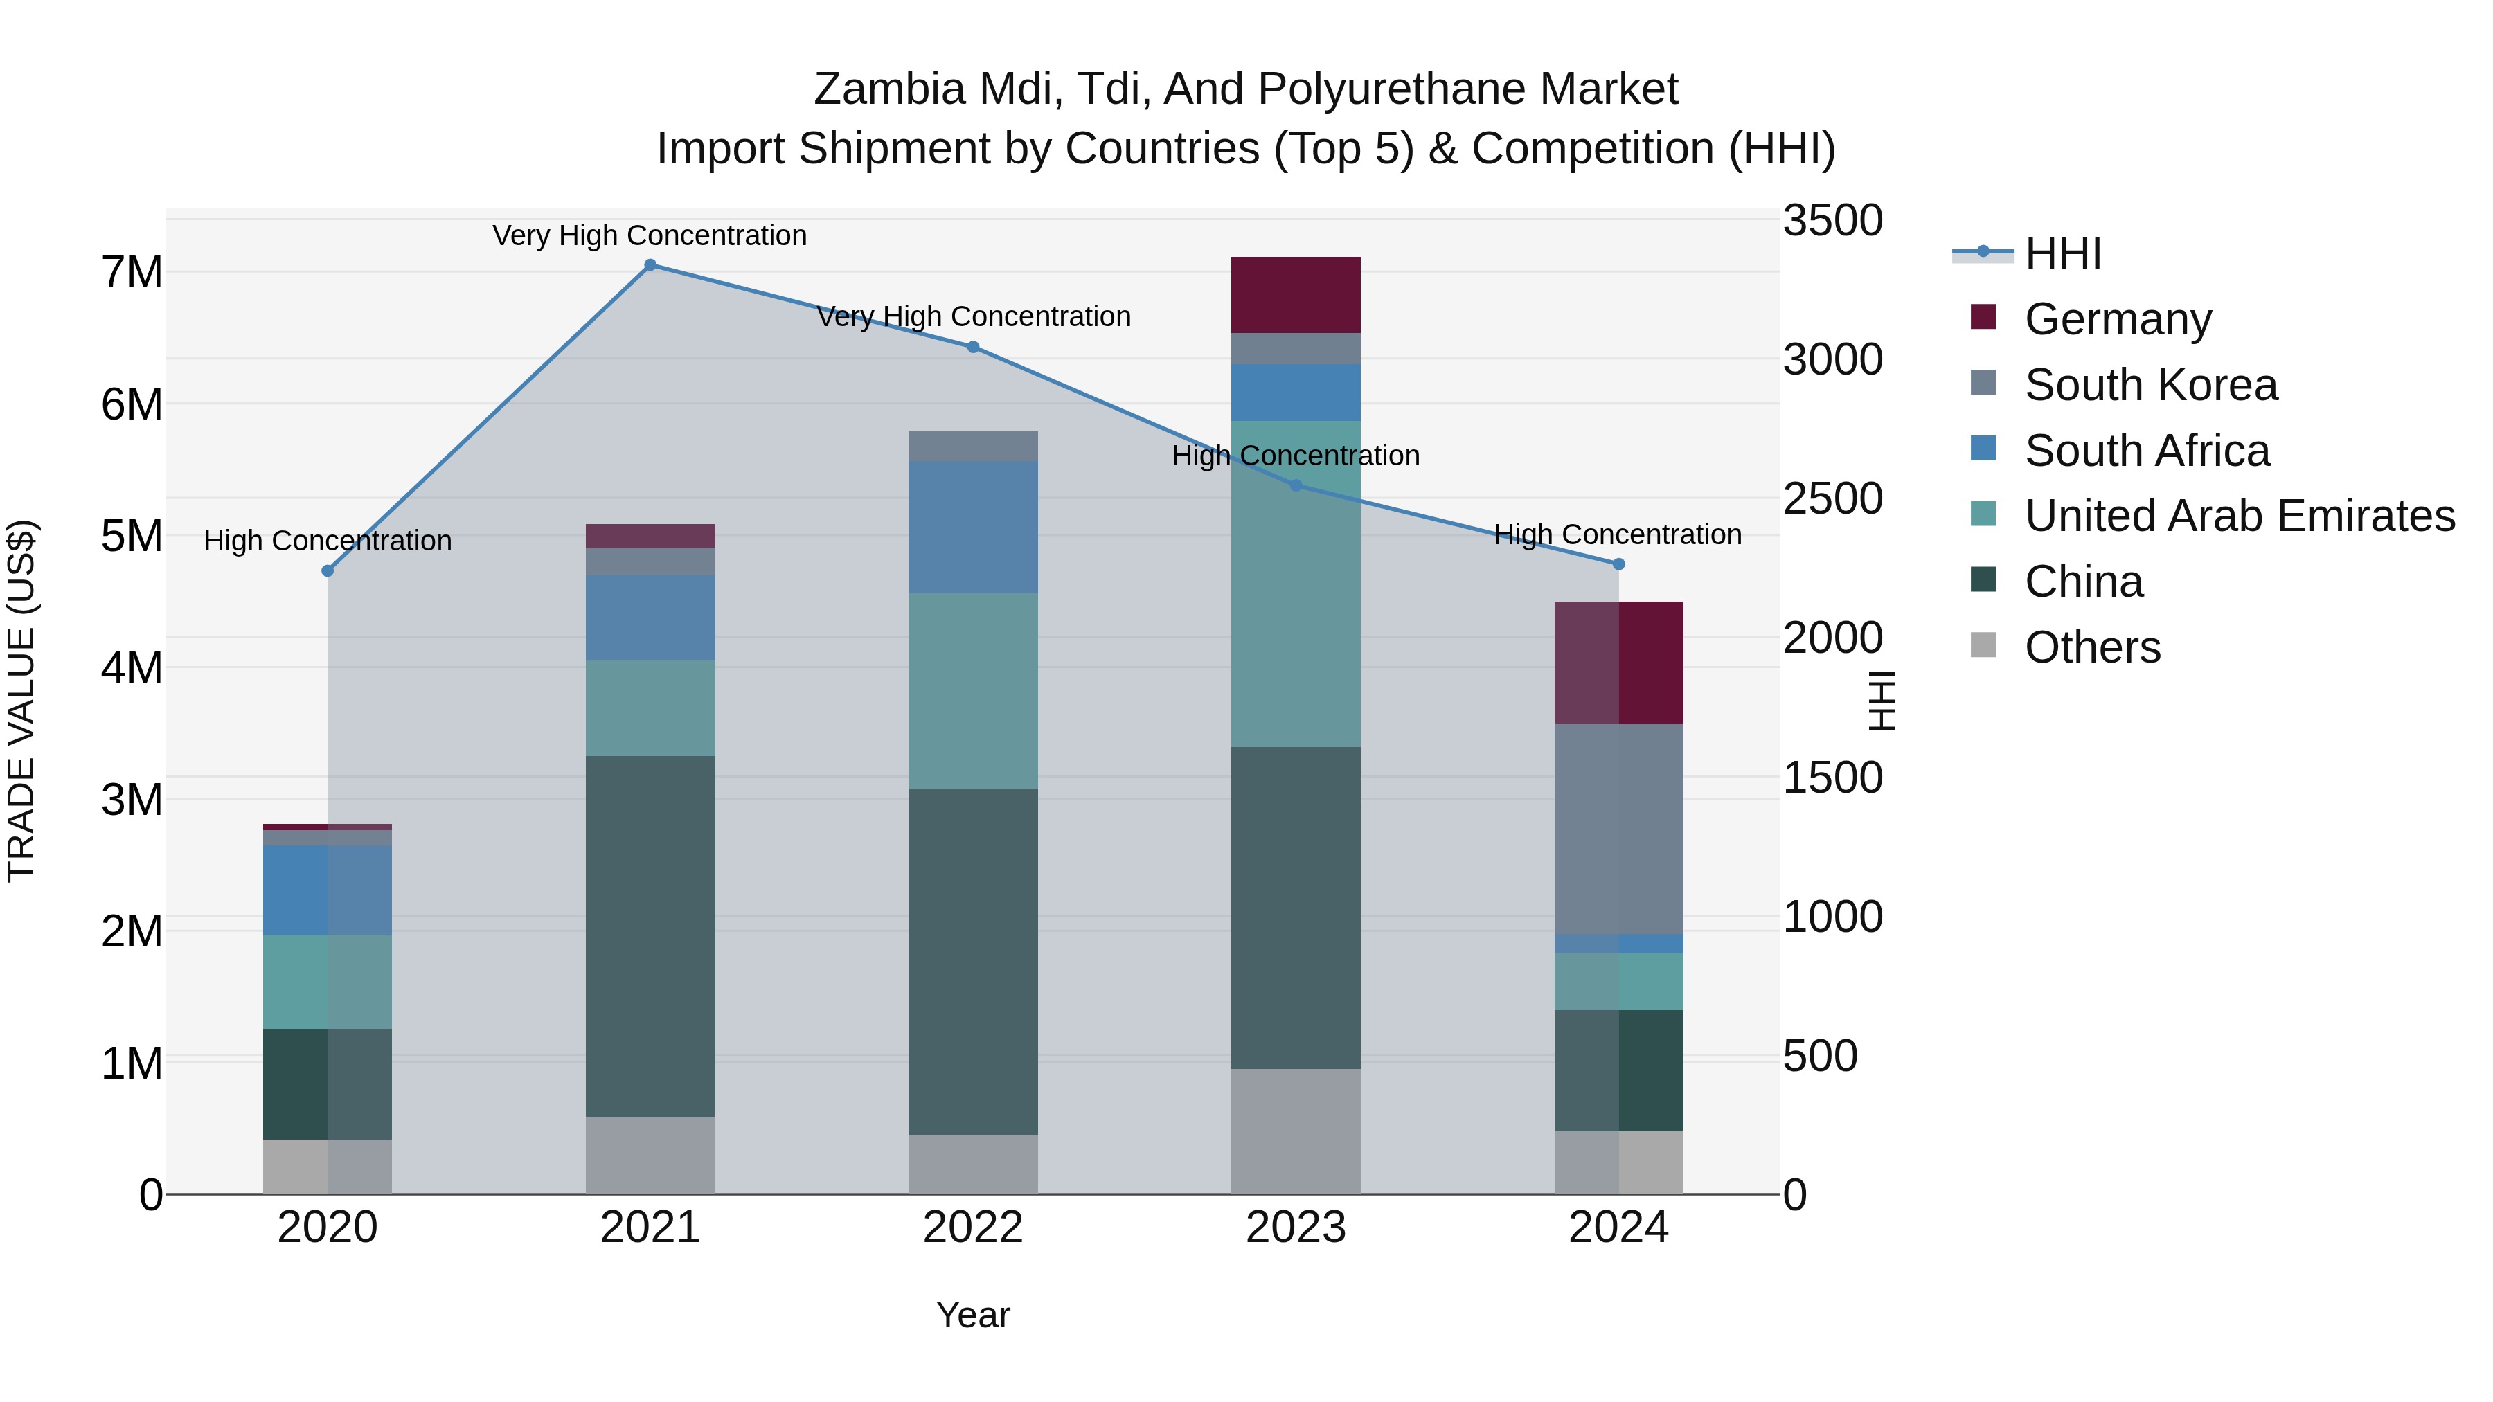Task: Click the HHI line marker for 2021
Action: click(x=650, y=264)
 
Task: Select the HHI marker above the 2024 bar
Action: click(x=1618, y=564)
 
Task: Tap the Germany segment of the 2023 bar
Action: click(x=1295, y=295)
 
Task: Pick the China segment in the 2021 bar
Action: click(x=650, y=937)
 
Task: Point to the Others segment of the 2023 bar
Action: click(x=1295, y=1131)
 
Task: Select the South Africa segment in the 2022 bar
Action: click(x=973, y=528)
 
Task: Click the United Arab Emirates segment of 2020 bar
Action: click(x=327, y=981)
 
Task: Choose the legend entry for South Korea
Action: click(x=2150, y=385)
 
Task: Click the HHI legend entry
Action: click(x=2062, y=253)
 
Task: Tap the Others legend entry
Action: click(x=2092, y=647)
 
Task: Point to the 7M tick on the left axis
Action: click(x=132, y=273)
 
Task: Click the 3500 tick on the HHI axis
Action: click(x=1832, y=221)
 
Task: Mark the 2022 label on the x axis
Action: click(x=973, y=1228)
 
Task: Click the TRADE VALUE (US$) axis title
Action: click(x=21, y=701)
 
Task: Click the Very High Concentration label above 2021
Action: click(x=650, y=235)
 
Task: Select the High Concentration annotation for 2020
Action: click(x=327, y=541)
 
